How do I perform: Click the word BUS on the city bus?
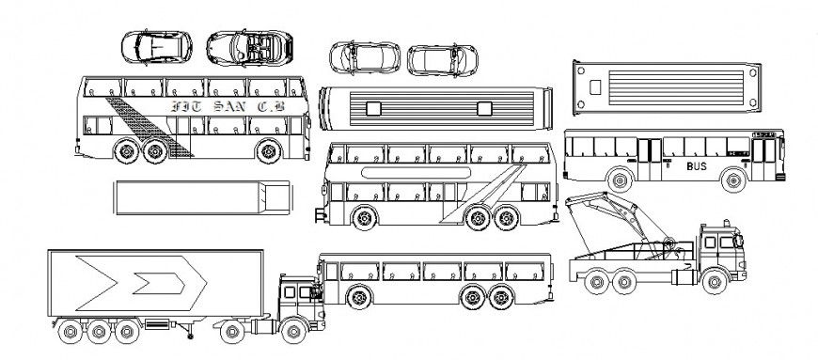(697, 166)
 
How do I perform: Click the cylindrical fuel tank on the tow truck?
(669, 248)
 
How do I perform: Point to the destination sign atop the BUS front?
(766, 135)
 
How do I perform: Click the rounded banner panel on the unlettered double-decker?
(413, 173)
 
